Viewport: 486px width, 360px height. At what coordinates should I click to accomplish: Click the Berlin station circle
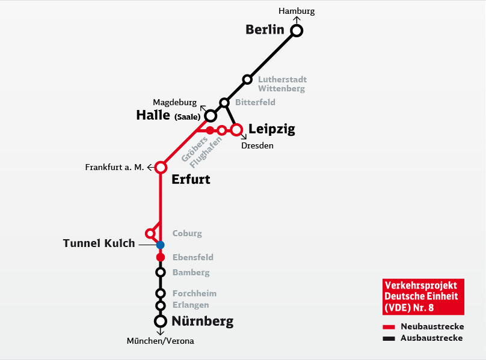(x=297, y=31)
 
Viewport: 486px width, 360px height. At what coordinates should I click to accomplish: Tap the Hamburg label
(x=297, y=11)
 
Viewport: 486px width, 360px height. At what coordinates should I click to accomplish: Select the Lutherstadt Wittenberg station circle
(x=247, y=79)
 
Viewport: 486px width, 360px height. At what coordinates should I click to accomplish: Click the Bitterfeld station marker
(x=224, y=103)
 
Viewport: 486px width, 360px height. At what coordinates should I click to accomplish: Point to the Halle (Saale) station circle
(x=211, y=116)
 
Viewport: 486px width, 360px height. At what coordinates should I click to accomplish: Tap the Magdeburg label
(x=175, y=103)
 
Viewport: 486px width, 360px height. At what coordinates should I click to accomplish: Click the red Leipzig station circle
(x=236, y=130)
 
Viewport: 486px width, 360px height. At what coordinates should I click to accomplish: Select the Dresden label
(x=257, y=145)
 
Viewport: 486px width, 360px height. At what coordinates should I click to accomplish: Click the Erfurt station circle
(x=161, y=168)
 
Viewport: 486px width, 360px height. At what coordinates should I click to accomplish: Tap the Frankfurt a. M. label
(x=114, y=167)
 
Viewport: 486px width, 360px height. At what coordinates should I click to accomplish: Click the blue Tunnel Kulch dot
(x=160, y=245)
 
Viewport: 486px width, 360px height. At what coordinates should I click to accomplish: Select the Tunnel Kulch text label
(x=99, y=243)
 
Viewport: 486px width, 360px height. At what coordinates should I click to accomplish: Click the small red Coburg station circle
(x=150, y=233)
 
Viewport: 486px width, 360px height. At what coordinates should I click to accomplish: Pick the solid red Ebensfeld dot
(x=161, y=257)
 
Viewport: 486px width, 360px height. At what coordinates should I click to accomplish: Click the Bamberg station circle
(x=160, y=272)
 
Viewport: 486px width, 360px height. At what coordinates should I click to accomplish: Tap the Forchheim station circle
(x=160, y=293)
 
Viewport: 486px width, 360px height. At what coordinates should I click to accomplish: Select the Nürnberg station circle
(x=160, y=321)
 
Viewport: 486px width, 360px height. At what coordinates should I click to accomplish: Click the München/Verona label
(x=160, y=341)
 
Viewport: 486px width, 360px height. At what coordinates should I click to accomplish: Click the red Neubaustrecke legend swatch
(x=389, y=327)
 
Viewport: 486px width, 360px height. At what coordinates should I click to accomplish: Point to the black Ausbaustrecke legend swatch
(x=389, y=338)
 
